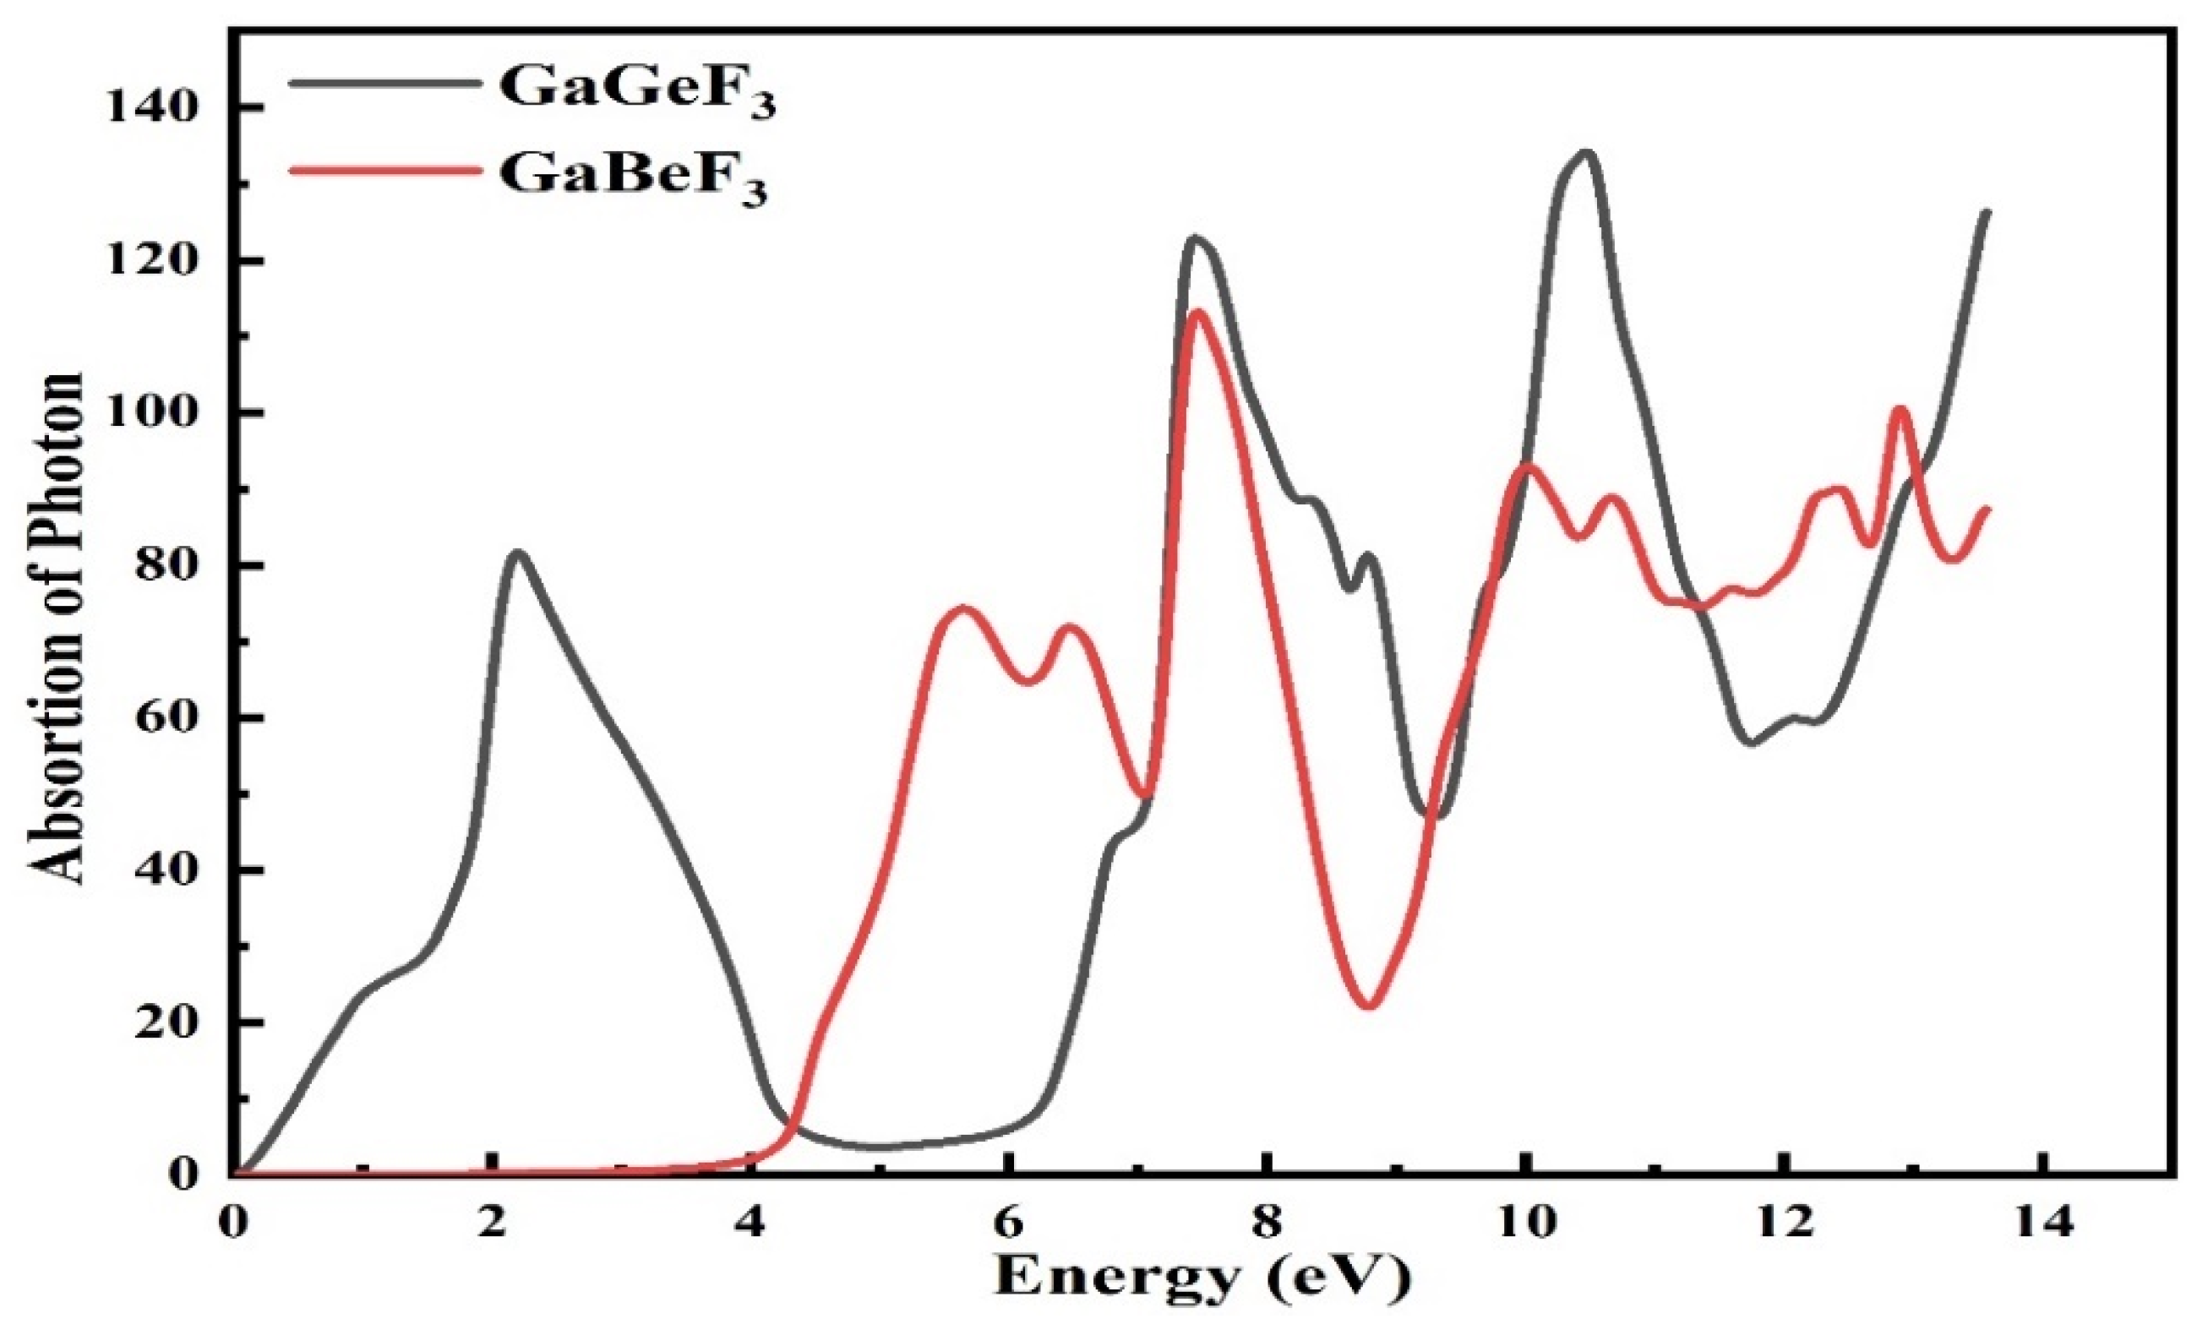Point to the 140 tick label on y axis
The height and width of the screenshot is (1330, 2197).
coord(150,109)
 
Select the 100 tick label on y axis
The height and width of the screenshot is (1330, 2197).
coord(150,414)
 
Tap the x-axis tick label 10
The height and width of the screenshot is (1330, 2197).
coord(1525,1222)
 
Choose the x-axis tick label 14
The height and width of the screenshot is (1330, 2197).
coord(2042,1222)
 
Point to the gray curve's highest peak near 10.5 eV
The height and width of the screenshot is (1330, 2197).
coord(1584,152)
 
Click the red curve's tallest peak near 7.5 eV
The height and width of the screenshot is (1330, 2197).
coord(1197,311)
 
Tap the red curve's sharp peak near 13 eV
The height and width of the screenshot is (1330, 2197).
coord(1900,409)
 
